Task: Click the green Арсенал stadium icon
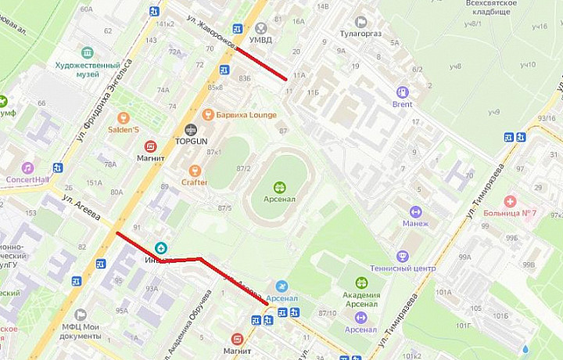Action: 280,187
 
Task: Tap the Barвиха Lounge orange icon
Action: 208,114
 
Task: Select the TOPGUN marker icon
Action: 191,130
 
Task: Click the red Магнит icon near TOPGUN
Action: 151,146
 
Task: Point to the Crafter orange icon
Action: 195,171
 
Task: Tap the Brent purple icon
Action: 403,92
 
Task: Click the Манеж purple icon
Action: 415,211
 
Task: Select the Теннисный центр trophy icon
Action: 403,256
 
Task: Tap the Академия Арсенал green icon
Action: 361,283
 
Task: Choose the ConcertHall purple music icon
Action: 28,167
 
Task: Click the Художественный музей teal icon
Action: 88,53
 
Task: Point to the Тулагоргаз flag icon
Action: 360,22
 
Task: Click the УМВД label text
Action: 260,38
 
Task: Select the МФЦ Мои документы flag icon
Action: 80,314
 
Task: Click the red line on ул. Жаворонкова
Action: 261,63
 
